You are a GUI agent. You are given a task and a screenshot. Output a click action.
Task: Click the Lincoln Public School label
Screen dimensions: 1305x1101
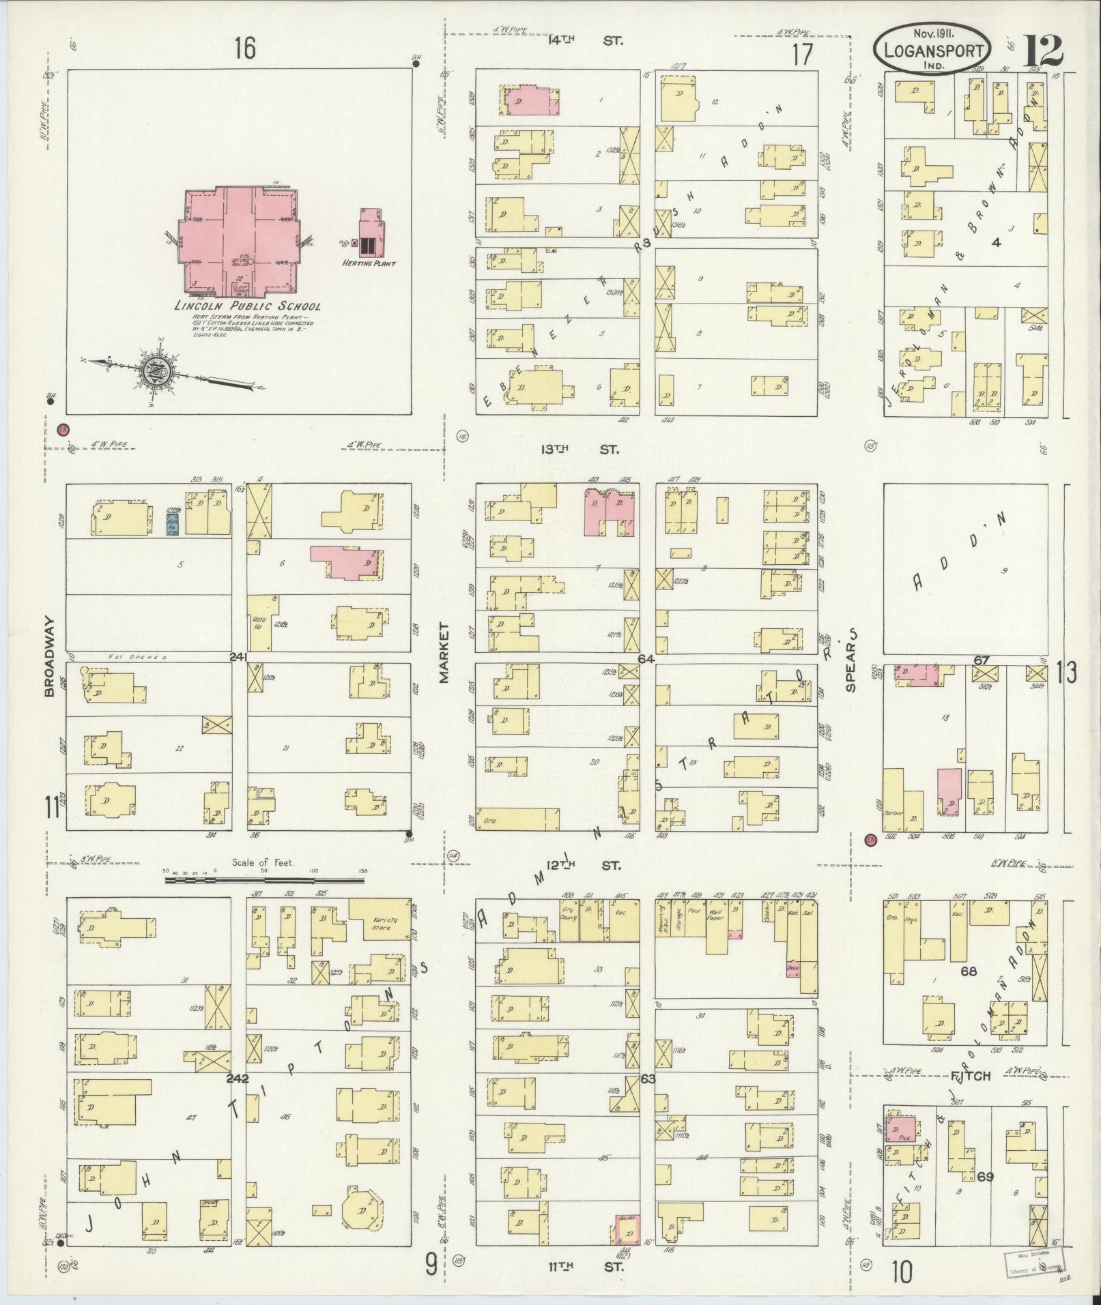point(247,306)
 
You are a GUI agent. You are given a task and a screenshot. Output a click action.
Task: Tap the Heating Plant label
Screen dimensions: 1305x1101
point(371,263)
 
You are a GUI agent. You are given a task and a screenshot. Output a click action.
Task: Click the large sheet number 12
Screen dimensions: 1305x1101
point(1042,49)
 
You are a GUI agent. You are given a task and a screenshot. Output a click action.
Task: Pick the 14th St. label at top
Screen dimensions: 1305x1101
point(586,40)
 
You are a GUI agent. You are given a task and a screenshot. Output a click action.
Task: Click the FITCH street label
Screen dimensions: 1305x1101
point(970,1076)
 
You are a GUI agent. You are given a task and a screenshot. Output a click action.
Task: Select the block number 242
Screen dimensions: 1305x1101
point(238,1079)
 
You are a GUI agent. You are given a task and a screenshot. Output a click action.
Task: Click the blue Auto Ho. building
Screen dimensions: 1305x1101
point(173,524)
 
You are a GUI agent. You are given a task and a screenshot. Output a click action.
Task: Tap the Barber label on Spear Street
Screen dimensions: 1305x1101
point(893,813)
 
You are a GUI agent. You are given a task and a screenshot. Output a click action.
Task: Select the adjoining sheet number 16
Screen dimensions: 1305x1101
point(245,48)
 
